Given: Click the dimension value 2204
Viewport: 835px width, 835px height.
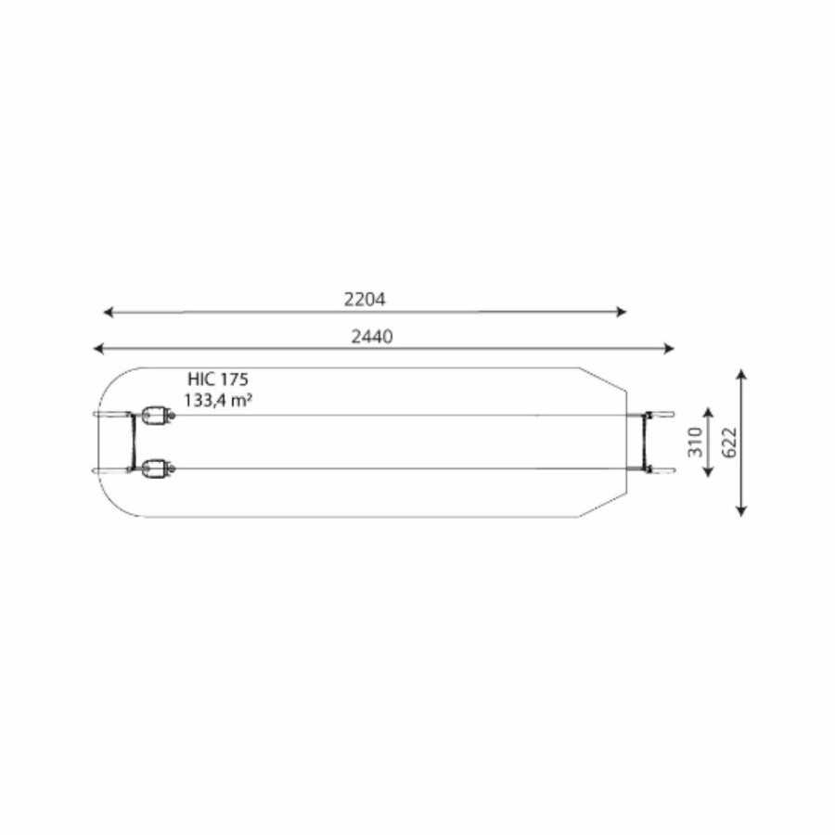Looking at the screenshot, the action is point(365,300).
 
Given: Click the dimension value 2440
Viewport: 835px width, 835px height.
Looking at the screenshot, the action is point(372,337).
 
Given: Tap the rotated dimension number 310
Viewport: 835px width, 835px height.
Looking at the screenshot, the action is point(696,442).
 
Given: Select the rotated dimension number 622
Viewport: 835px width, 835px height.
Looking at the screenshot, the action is point(729,442).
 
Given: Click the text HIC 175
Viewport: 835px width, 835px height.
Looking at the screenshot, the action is point(218,379).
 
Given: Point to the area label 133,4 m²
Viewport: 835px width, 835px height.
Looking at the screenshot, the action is point(218,399).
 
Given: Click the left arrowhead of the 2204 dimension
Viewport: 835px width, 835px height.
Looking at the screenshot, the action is point(109,312).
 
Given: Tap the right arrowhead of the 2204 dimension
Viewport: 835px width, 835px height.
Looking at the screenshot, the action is point(622,312).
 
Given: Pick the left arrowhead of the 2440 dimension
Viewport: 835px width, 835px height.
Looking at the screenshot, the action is point(98,349).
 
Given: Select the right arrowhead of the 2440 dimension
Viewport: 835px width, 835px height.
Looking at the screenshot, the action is point(669,349).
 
